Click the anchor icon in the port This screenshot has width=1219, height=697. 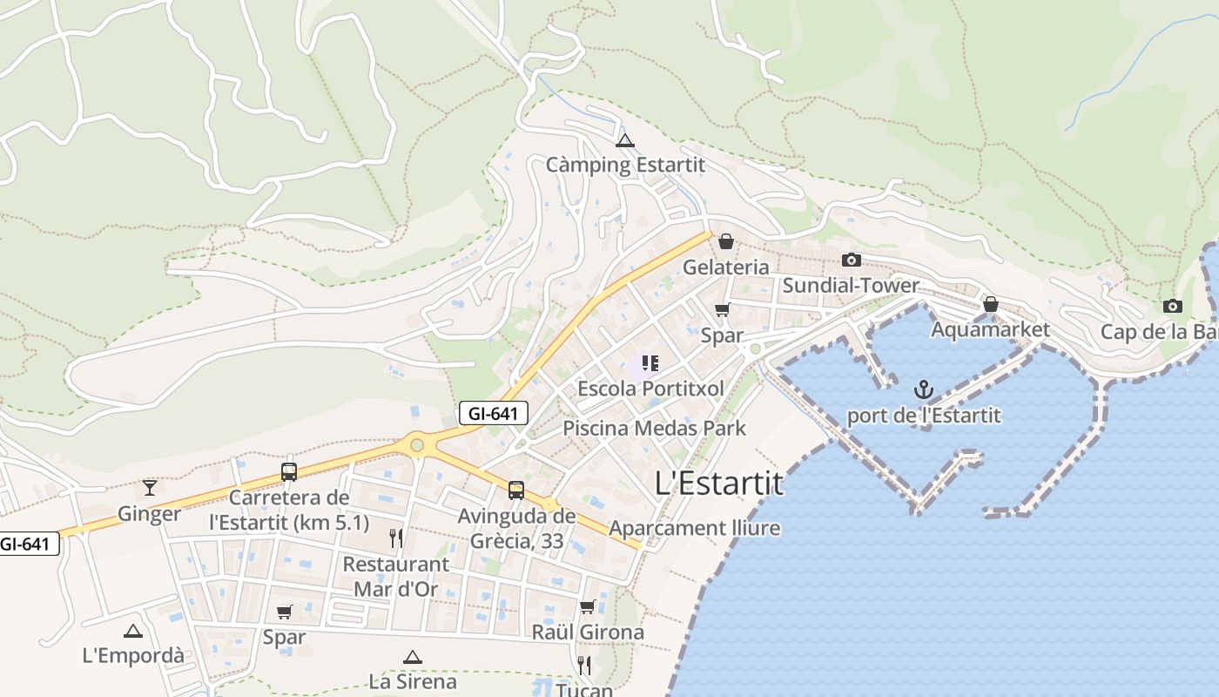pos(924,389)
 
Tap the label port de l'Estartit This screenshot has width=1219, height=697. pos(924,415)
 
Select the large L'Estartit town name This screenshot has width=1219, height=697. pos(718,483)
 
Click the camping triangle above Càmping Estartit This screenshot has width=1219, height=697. pos(624,140)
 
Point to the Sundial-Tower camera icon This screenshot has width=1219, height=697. pos(852,260)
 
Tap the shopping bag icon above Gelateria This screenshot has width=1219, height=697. pos(725,241)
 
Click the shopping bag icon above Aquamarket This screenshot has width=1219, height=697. pos(990,304)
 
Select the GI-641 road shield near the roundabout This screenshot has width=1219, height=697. pos(494,413)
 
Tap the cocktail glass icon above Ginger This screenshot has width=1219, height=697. pos(150,487)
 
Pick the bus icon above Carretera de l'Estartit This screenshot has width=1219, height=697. pos(289,472)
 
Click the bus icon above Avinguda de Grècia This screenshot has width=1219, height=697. pos(516,490)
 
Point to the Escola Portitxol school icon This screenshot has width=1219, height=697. pos(650,362)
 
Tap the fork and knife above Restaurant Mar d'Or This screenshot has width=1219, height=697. pos(396,538)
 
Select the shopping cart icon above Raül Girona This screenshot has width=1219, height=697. pos(588,606)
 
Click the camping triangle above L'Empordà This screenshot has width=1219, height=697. pos(132,631)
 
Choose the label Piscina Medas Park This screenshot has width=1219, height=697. pos(654,428)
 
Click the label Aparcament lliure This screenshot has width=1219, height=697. pos(694,528)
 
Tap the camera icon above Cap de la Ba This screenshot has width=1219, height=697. pos(1173,306)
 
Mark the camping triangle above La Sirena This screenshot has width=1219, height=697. pos(412,657)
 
